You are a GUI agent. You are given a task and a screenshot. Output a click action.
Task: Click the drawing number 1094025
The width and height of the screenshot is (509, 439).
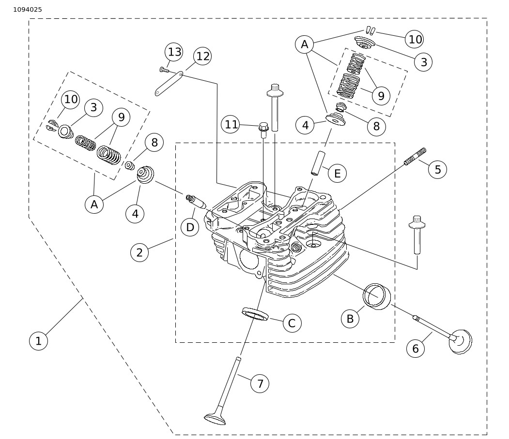tap(28, 10)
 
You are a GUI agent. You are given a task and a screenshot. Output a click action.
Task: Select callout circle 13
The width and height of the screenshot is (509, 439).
tap(174, 52)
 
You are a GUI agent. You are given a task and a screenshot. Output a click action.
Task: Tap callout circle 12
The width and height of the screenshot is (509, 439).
tap(202, 56)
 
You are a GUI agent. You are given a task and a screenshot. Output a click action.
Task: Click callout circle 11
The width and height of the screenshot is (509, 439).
tap(231, 124)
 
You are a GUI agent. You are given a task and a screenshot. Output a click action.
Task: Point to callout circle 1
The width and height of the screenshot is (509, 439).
tap(38, 341)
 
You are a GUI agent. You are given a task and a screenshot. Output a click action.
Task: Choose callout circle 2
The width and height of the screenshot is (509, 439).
tap(139, 252)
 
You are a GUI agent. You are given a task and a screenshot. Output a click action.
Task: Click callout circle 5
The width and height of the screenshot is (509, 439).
tap(438, 169)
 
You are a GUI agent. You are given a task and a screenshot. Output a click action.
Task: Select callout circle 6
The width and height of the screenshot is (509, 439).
tap(416, 349)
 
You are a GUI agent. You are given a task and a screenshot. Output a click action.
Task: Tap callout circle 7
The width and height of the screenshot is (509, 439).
tap(260, 383)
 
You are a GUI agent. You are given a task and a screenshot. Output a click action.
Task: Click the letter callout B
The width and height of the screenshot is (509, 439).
tap(350, 319)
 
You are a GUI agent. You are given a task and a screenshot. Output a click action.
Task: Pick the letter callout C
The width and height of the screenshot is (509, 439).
tap(292, 323)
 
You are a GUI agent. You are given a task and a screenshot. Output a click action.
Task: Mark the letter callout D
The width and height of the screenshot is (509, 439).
tap(190, 227)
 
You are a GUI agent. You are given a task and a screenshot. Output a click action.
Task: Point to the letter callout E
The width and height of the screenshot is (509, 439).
tap(337, 174)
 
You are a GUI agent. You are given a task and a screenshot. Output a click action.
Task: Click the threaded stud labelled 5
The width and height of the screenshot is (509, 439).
tap(415, 156)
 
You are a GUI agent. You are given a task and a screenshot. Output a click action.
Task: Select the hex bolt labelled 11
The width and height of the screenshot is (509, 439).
tap(263, 130)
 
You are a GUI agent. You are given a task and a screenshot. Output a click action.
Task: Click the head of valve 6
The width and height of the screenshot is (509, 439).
tap(460, 342)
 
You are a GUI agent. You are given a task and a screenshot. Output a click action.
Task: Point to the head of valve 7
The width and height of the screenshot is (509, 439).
tap(215, 418)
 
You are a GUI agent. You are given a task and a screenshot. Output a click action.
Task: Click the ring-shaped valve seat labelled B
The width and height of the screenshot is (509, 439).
tap(377, 296)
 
